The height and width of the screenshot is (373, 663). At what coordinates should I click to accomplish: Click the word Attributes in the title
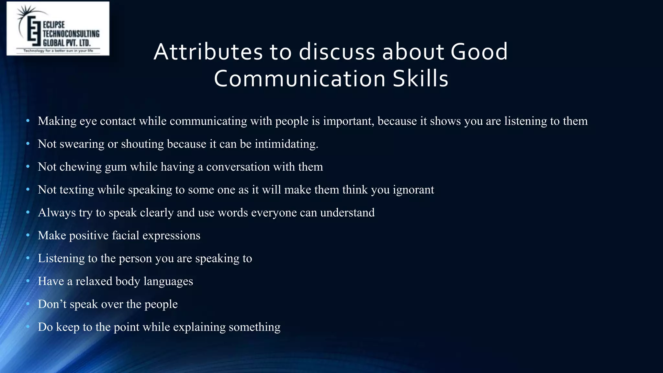[x=208, y=52]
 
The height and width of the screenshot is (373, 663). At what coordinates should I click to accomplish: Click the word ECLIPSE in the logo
[x=54, y=25]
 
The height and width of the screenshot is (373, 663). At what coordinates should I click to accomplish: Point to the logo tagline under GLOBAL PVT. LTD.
[x=58, y=51]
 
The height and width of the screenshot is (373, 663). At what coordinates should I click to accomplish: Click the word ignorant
[x=413, y=190]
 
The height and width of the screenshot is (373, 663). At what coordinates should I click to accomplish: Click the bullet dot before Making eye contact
[x=28, y=121]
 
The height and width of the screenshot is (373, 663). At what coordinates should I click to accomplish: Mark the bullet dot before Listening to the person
[x=28, y=258]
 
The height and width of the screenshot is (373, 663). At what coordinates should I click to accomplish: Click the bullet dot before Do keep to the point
[x=28, y=327]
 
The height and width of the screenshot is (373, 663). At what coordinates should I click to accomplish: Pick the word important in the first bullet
[x=349, y=121]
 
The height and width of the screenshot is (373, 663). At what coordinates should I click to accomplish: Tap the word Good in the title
[x=479, y=52]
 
